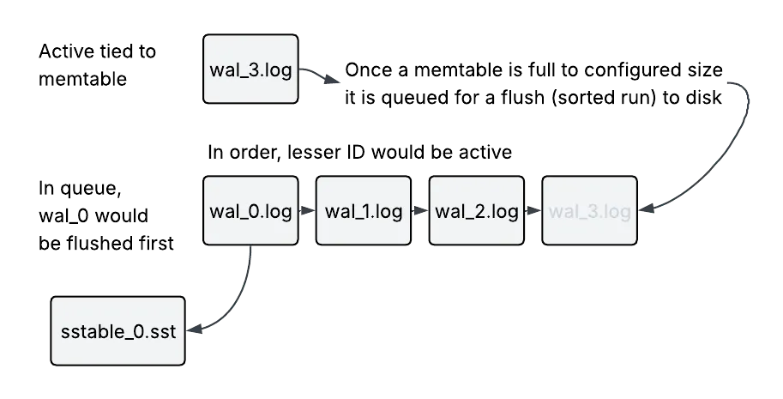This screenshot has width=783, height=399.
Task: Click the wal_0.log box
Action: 250,212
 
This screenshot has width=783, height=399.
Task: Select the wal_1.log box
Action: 364,212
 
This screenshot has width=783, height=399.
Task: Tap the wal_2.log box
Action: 476,212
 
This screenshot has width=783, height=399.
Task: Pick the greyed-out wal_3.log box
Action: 590,212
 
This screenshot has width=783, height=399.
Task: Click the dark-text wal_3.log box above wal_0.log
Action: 250,70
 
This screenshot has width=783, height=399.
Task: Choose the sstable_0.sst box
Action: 117,331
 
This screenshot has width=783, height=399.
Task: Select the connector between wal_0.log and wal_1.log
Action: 307,211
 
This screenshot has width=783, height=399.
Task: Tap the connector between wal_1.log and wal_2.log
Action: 419,211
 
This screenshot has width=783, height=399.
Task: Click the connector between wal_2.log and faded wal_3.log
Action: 533,211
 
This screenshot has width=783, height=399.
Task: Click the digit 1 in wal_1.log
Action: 367,212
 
